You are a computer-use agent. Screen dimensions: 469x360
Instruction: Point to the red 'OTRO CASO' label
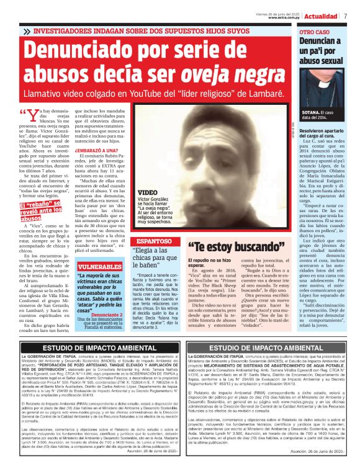tap(315, 31)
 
